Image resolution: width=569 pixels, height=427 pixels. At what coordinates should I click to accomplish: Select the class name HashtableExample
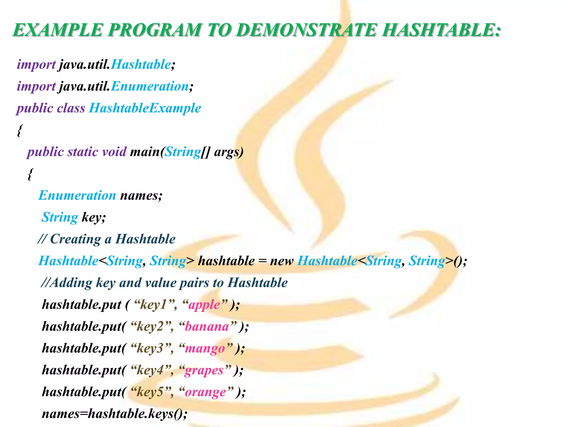pos(145,108)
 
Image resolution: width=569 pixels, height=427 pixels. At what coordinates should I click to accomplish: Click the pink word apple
pos(204,305)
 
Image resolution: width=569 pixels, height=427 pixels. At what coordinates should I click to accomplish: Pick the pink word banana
pos(207,327)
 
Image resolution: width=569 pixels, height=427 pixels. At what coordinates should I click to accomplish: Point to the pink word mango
pos(205,349)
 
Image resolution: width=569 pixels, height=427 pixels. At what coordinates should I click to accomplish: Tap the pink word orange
pos(205,392)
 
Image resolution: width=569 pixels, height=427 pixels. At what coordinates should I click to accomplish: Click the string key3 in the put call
pos(150,349)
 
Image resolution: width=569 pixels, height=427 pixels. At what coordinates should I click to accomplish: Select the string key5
pos(150,392)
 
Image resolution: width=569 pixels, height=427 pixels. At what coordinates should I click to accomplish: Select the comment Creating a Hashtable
pos(113,239)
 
